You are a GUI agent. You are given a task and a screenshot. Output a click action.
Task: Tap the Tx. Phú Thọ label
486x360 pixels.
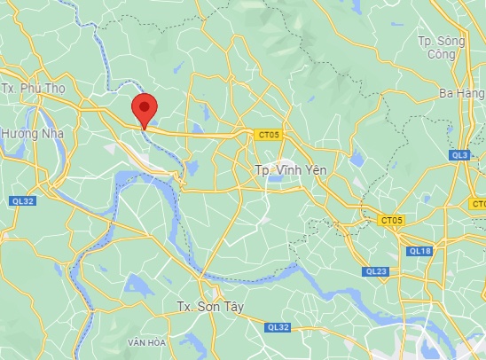coord(35,89)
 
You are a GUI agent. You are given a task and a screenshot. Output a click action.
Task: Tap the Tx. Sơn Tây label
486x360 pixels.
coord(209,307)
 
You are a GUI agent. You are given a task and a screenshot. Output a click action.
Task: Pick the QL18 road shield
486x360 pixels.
coord(419,251)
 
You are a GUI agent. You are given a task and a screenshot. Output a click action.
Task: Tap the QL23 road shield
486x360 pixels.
coord(375,271)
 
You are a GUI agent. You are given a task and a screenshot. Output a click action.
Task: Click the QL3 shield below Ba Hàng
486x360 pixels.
coord(459,154)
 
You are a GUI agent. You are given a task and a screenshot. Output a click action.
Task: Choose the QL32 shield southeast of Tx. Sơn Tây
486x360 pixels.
coord(278,327)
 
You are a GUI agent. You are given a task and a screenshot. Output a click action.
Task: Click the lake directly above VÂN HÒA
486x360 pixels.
coord(139,286)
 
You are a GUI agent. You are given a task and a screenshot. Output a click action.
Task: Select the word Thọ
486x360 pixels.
coord(56,89)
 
